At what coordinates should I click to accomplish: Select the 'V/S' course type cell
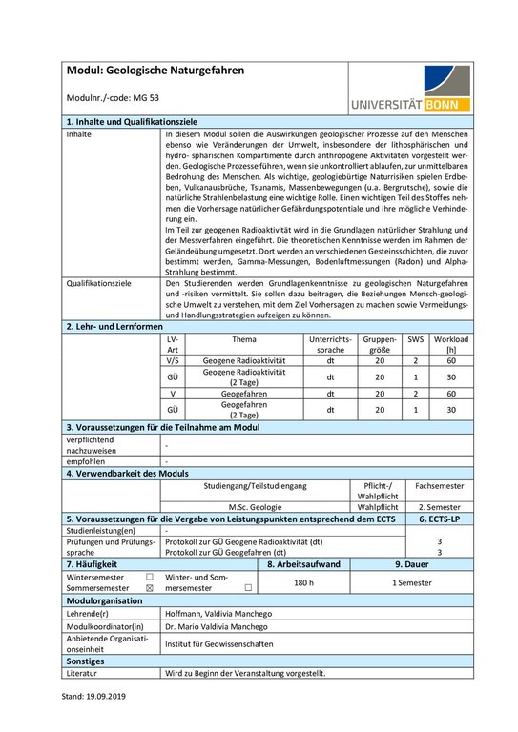click(173, 361)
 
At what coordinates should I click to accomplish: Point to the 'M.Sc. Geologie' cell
click(254, 507)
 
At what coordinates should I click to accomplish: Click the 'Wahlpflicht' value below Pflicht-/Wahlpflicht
click(377, 507)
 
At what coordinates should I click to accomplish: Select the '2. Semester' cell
click(440, 507)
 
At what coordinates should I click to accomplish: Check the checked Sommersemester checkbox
click(148, 589)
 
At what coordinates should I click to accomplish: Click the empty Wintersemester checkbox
click(148, 577)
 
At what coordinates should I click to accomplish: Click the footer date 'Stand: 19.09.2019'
click(93, 697)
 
